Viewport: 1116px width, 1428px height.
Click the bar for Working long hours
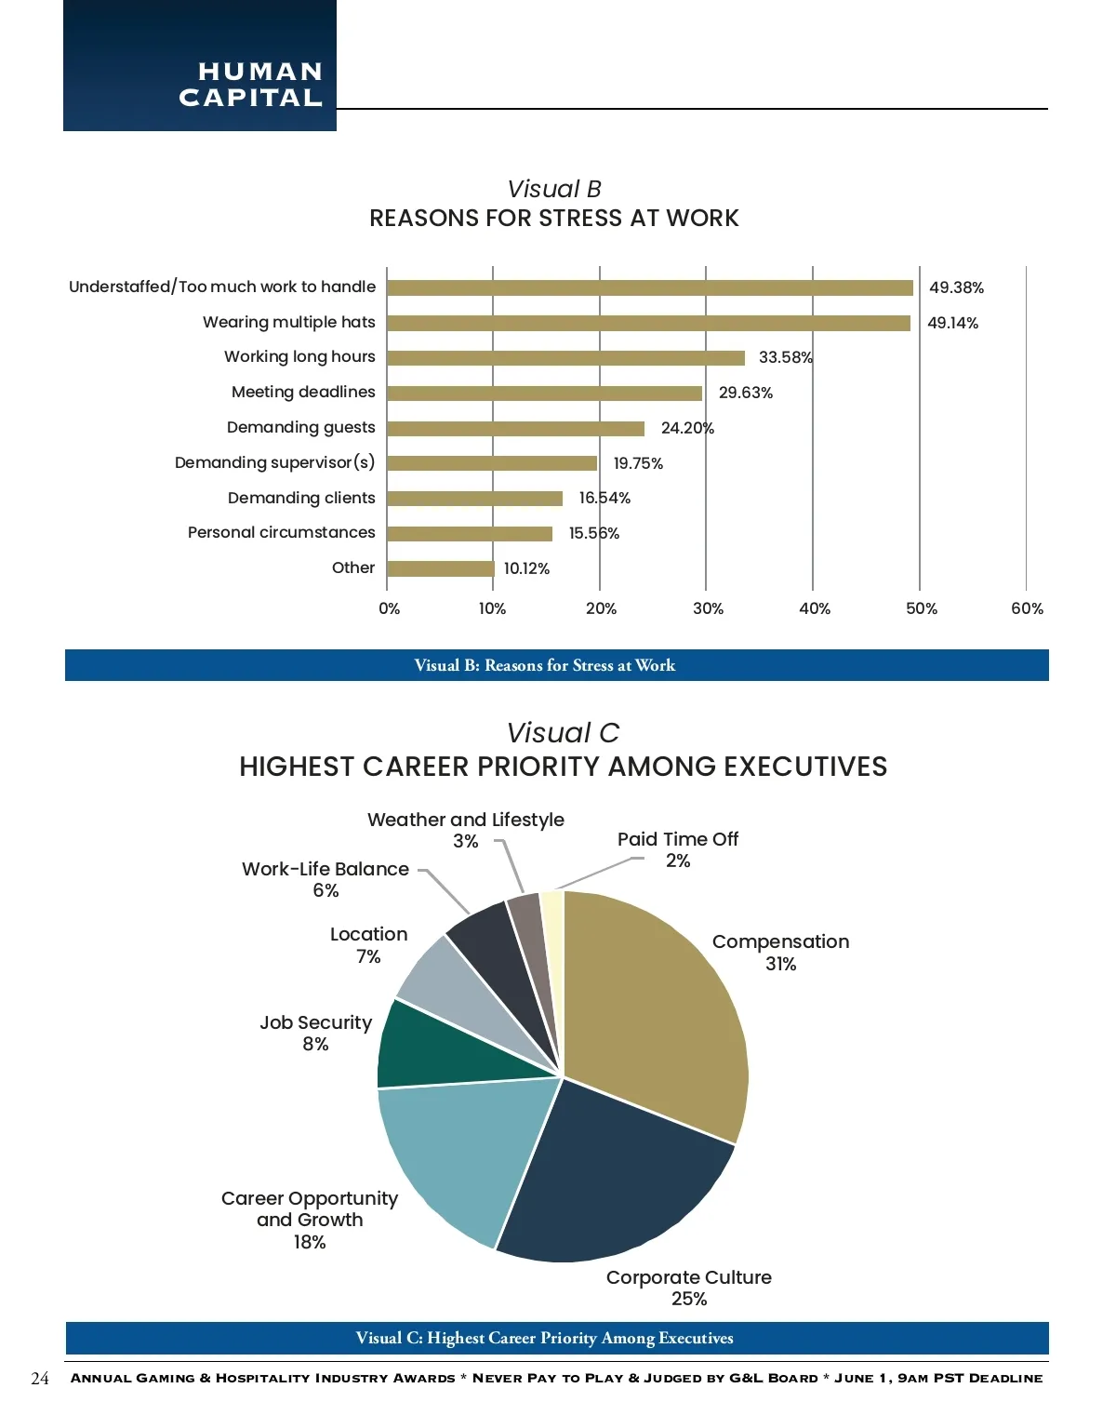point(565,358)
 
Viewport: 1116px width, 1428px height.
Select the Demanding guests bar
point(515,429)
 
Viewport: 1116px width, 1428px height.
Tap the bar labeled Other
point(440,568)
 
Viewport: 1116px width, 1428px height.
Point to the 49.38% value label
point(956,288)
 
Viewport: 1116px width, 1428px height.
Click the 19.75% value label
point(638,463)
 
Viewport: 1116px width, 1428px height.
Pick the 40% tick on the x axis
point(815,608)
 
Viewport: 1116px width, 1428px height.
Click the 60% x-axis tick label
point(1027,608)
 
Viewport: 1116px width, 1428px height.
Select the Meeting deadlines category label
point(303,392)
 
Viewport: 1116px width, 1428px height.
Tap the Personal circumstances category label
point(281,532)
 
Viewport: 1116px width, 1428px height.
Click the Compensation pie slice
point(660,1014)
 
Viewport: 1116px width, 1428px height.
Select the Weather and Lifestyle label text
point(466,820)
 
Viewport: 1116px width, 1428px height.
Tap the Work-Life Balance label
point(325,869)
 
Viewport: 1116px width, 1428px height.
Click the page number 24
point(40,1379)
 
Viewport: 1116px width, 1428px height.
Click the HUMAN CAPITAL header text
point(251,85)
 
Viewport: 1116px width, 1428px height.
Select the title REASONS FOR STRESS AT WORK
point(553,219)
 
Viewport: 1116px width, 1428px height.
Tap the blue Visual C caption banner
point(557,1338)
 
